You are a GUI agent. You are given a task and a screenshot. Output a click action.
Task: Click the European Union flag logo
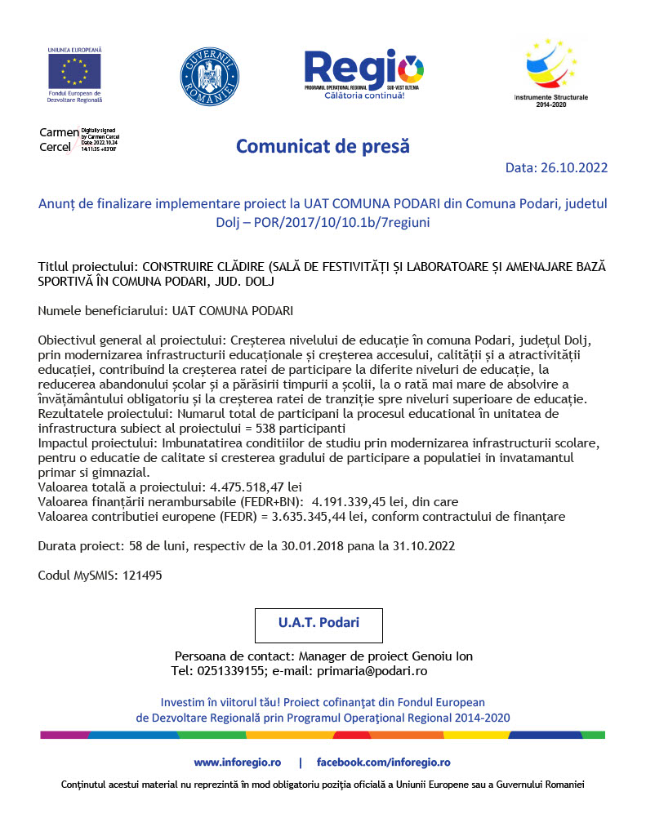pos(74,72)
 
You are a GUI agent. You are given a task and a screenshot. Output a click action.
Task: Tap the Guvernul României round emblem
pos(210,76)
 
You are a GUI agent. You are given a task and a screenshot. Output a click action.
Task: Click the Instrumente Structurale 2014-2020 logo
pos(550,69)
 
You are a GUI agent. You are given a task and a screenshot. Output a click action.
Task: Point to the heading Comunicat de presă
pos(323,146)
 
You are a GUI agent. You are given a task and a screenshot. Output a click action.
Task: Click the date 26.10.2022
pos(574,168)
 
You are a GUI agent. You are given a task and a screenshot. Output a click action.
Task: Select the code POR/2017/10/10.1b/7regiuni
pos(336,221)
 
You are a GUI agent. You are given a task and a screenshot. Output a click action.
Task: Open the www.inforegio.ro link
pos(237,763)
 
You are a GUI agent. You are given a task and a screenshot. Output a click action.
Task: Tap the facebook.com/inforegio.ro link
pos(383,763)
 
